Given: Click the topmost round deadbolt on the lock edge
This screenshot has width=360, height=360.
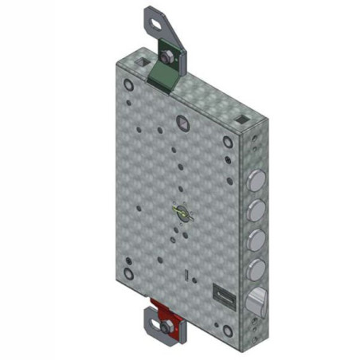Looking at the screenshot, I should coord(257,179).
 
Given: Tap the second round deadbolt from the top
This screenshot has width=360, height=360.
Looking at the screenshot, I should coord(257,210).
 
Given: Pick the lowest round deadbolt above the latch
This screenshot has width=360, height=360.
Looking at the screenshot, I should coord(257,268).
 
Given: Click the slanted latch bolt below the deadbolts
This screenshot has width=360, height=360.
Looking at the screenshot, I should coord(256,300).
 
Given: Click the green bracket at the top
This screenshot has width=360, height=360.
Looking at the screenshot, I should coord(164,76).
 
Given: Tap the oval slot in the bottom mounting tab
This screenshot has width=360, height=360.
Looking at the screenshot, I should coord(151,325).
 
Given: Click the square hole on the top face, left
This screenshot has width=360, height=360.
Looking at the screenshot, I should coord(142,61).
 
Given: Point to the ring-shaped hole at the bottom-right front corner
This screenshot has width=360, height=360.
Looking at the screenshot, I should coord(228,330).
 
